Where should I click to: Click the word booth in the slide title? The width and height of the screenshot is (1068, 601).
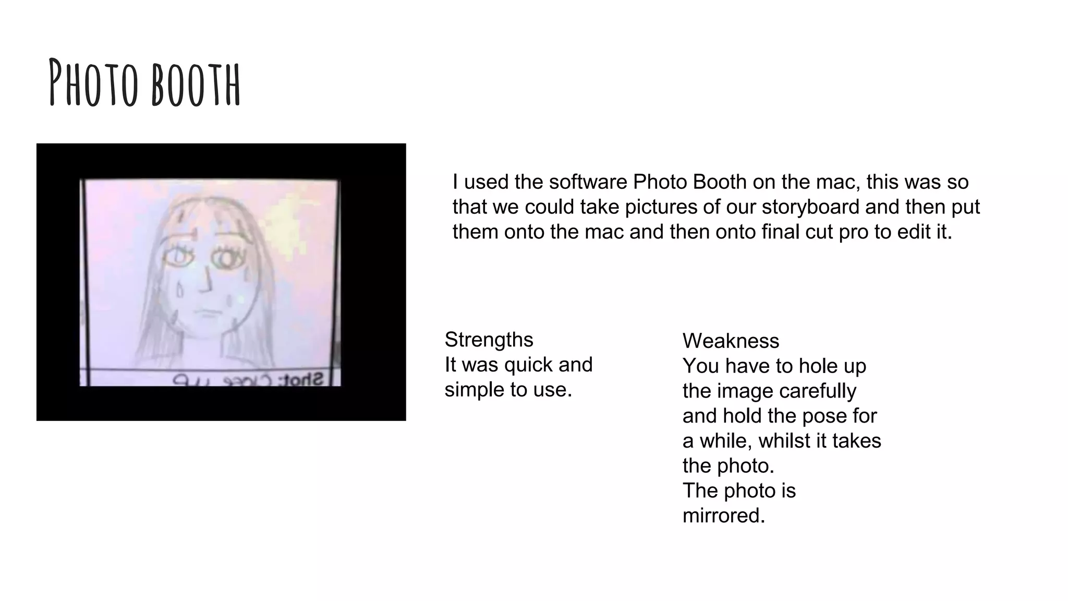(x=196, y=83)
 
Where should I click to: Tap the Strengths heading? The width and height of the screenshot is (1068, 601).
(x=489, y=340)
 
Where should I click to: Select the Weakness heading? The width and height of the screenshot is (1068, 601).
(x=731, y=341)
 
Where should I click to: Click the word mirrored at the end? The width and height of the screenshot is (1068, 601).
(x=723, y=516)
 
